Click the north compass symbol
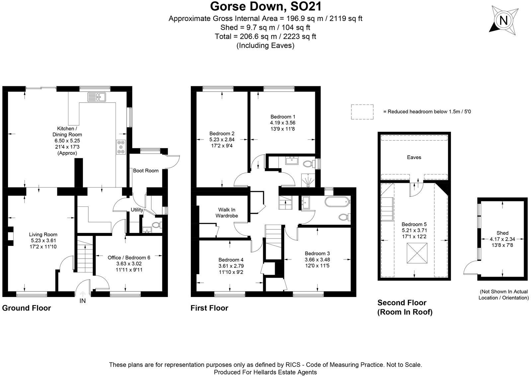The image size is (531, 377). (503, 21)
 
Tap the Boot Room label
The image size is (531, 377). (146, 171)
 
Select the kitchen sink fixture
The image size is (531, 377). (96, 97)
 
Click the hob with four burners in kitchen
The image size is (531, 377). (121, 147)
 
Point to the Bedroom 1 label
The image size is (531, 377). (283, 117)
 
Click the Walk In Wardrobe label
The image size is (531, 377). (227, 213)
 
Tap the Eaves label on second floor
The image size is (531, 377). (414, 157)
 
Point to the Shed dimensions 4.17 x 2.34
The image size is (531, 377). (502, 239)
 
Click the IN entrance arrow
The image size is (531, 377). (82, 294)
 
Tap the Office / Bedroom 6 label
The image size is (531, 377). (129, 258)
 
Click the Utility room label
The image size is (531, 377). (137, 210)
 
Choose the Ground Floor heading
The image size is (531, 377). (27, 308)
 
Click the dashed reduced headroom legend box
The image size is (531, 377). (362, 112)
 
